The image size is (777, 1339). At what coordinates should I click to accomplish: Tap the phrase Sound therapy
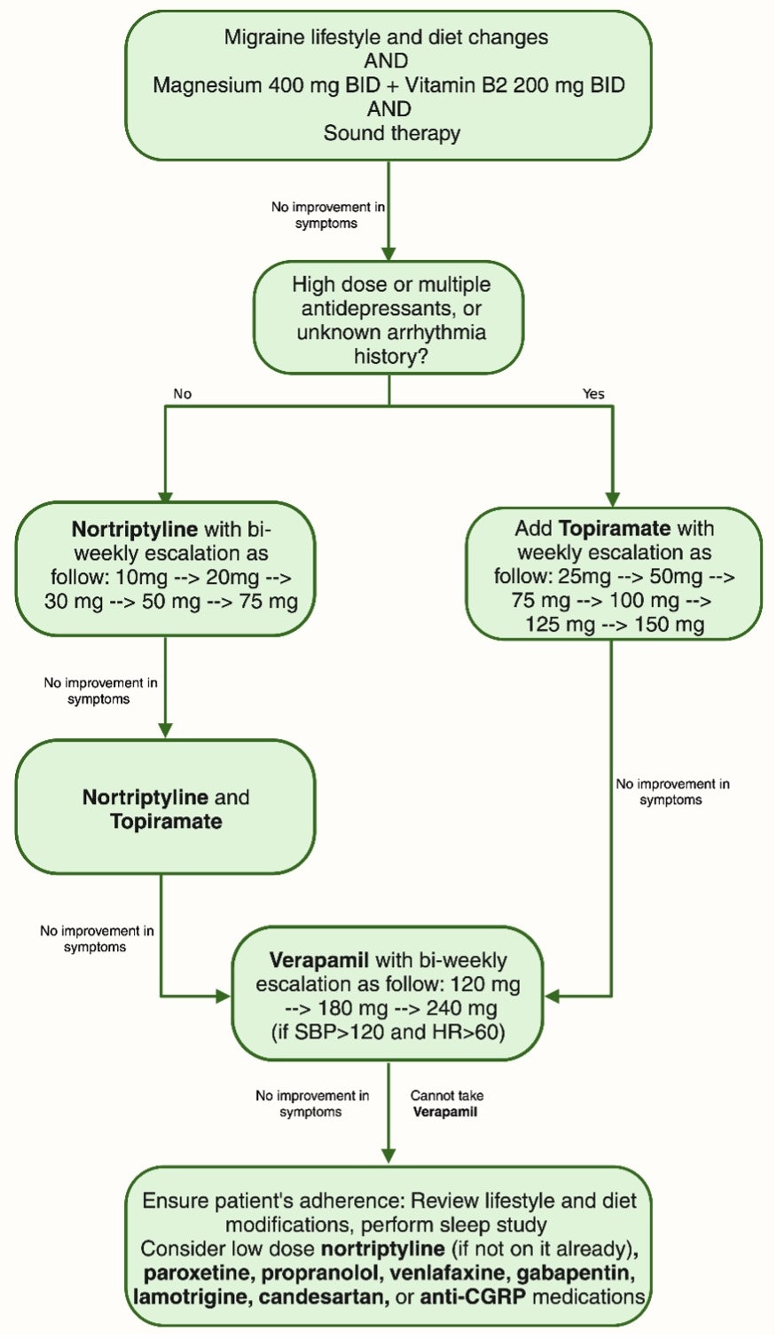click(x=391, y=133)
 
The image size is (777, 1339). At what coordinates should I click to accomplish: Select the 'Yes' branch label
click(x=593, y=393)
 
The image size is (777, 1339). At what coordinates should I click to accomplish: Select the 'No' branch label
click(x=183, y=393)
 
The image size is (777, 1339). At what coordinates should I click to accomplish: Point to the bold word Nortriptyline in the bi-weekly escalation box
click(x=134, y=530)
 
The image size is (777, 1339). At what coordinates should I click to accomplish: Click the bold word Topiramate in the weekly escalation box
click(x=615, y=529)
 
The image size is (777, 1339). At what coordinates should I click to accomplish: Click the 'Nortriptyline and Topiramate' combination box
click(x=165, y=808)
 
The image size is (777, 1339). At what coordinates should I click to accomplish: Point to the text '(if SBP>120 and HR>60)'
click(x=388, y=1032)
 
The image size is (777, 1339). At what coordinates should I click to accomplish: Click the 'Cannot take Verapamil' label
click(x=446, y=1103)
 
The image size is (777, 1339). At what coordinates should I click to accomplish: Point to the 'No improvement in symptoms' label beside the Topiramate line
click(x=672, y=792)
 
